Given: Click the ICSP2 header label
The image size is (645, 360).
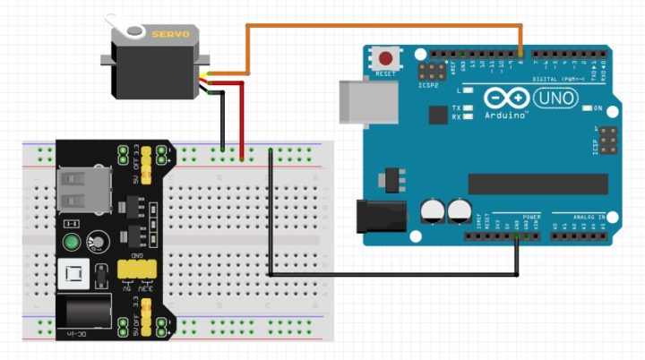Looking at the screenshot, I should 428,85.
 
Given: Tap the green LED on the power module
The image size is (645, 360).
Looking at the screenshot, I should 72,242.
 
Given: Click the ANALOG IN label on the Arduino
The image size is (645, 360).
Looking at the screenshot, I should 589,217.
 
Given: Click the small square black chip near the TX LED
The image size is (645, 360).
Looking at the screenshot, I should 437,115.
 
